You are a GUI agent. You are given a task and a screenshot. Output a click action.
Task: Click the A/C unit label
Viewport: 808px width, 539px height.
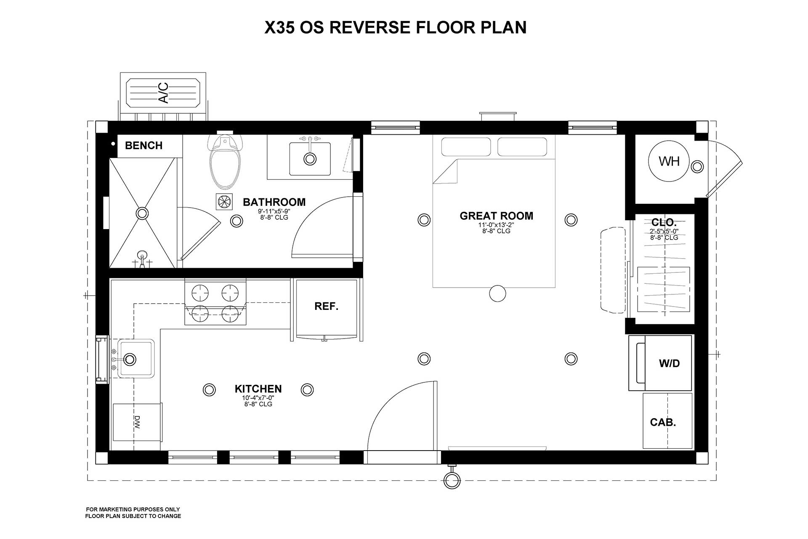[163, 92]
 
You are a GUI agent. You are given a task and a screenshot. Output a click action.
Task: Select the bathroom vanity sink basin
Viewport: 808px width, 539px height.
[310, 159]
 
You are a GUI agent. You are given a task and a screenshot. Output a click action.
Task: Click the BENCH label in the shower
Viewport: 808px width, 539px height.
[144, 146]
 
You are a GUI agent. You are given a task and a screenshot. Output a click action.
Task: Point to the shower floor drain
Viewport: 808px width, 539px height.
[142, 213]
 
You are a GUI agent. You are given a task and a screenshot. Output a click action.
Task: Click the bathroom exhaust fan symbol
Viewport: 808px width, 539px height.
[224, 202]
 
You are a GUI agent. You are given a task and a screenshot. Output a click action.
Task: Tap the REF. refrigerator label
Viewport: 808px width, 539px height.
[326, 307]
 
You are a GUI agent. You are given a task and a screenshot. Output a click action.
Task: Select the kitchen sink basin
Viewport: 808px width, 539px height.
[136, 359]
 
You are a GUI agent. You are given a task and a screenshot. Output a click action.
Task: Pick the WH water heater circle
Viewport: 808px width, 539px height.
[669, 161]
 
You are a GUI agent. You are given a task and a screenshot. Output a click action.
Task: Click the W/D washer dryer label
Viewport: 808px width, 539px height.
[669, 363]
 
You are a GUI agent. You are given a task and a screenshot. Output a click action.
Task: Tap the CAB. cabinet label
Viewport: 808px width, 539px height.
[663, 422]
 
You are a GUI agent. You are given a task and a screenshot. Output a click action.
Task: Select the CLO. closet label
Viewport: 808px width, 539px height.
[664, 222]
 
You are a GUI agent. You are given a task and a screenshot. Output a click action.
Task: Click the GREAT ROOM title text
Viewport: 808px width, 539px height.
[496, 216]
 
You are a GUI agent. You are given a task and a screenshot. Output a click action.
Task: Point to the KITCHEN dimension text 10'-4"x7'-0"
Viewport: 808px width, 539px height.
[258, 398]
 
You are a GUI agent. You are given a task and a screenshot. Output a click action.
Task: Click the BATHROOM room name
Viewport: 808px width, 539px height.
[274, 202]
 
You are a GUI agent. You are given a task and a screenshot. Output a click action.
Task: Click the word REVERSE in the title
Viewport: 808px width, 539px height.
[369, 27]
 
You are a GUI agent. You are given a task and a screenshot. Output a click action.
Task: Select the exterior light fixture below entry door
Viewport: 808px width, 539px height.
[452, 480]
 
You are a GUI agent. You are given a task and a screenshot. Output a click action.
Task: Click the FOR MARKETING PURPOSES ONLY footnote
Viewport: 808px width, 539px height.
[133, 510]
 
